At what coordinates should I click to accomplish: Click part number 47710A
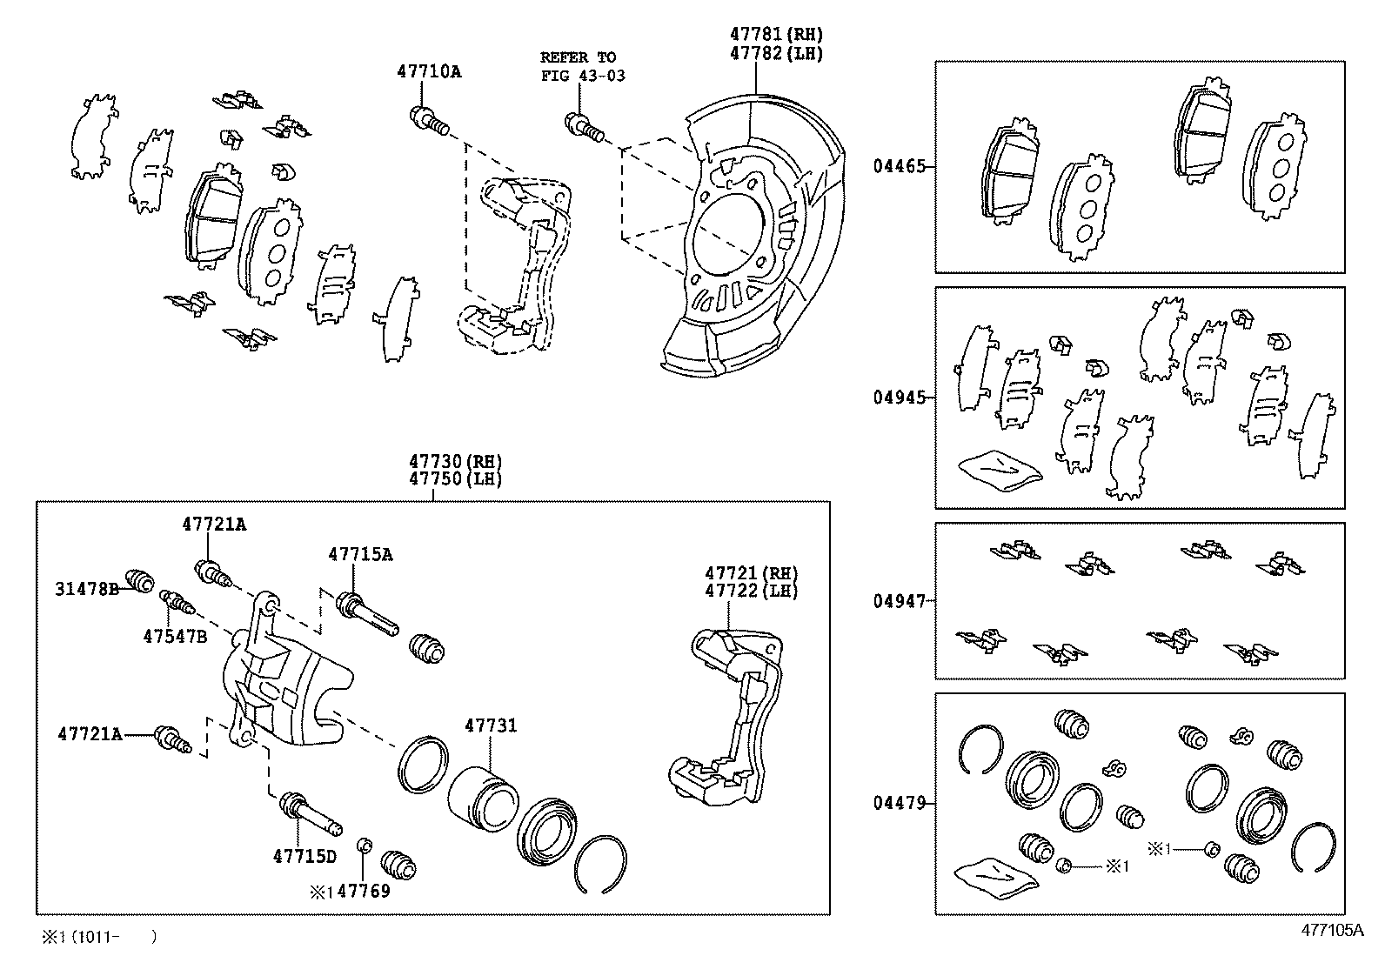pos(429,72)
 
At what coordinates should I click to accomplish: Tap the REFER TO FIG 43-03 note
pos(582,66)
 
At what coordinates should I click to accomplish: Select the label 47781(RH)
pos(776,35)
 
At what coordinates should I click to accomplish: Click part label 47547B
pos(175,636)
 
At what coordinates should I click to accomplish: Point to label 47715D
pos(304,856)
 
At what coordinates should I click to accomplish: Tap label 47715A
pos(360,554)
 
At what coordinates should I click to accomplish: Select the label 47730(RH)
pos(457,461)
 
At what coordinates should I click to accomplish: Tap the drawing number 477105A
pos(1332,930)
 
